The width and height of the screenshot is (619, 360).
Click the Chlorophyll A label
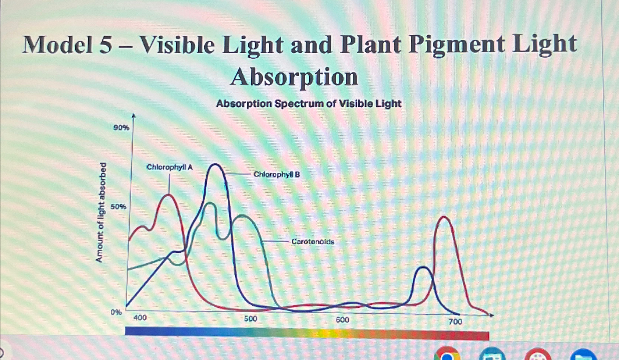170,167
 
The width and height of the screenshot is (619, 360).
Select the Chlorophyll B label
277,174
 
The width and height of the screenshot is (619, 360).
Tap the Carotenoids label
313,242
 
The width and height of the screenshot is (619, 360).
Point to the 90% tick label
121,128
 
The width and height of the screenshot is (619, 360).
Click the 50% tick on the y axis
118,207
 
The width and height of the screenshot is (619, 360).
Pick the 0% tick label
116,312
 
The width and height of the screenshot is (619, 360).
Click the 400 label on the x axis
140,317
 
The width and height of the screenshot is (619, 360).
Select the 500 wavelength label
250,318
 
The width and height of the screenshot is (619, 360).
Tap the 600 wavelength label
342,320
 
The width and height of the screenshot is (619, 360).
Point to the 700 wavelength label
455,322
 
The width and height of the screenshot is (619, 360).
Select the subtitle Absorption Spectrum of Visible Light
309,104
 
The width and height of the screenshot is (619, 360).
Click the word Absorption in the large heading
294,77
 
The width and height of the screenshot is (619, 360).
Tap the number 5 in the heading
105,45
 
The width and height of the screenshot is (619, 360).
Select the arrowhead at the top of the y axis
134,116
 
